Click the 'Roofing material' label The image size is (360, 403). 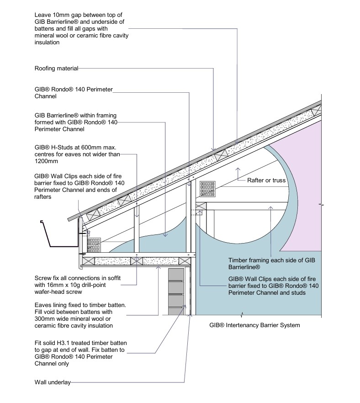tap(57, 69)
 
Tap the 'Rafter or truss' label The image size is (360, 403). tap(266, 180)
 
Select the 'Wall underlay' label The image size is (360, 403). tap(53, 382)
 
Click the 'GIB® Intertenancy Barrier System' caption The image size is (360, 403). tap(254, 325)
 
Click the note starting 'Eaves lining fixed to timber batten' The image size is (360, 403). tap(80, 315)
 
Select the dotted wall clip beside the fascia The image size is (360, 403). tap(94, 244)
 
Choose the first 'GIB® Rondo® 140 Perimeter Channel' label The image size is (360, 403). tap(73, 92)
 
